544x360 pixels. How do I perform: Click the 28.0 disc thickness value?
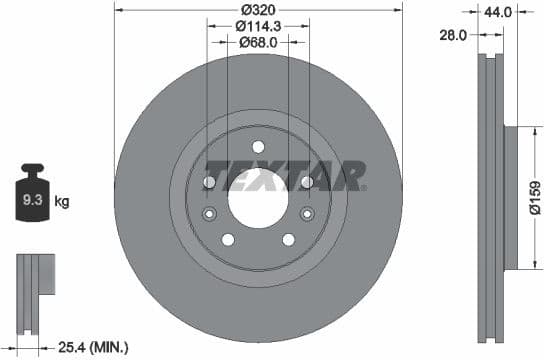pyautogui.click(x=456, y=34)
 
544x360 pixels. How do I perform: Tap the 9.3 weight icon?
pyautogui.click(x=32, y=196)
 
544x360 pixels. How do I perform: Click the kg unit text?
pyautogui.click(x=62, y=202)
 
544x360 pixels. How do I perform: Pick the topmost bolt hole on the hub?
pyautogui.click(x=258, y=145)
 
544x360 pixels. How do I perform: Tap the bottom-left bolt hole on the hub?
pyautogui.click(x=228, y=238)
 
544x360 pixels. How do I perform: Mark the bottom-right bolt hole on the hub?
pyautogui.click(x=288, y=238)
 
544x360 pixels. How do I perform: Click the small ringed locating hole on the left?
pyautogui.click(x=210, y=214)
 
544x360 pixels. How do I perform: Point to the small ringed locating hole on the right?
pyautogui.click(x=306, y=214)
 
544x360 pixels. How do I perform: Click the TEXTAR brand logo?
pyautogui.click(x=284, y=176)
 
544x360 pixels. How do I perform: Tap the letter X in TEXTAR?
pyautogui.click(x=271, y=176)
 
